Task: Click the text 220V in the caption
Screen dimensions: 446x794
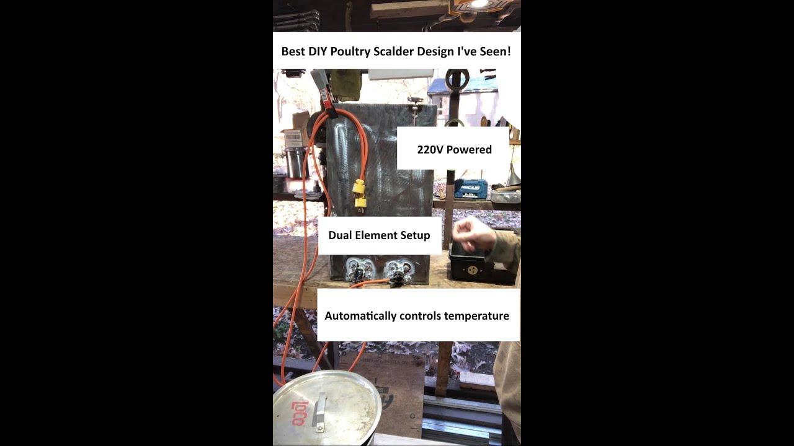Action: pyautogui.click(x=430, y=149)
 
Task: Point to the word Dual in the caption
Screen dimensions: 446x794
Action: pyautogui.click(x=341, y=235)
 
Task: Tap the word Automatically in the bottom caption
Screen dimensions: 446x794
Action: pyautogui.click(x=360, y=316)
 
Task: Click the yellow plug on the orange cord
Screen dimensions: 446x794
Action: pyautogui.click(x=359, y=193)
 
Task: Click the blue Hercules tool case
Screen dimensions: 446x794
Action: pyautogui.click(x=471, y=188)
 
